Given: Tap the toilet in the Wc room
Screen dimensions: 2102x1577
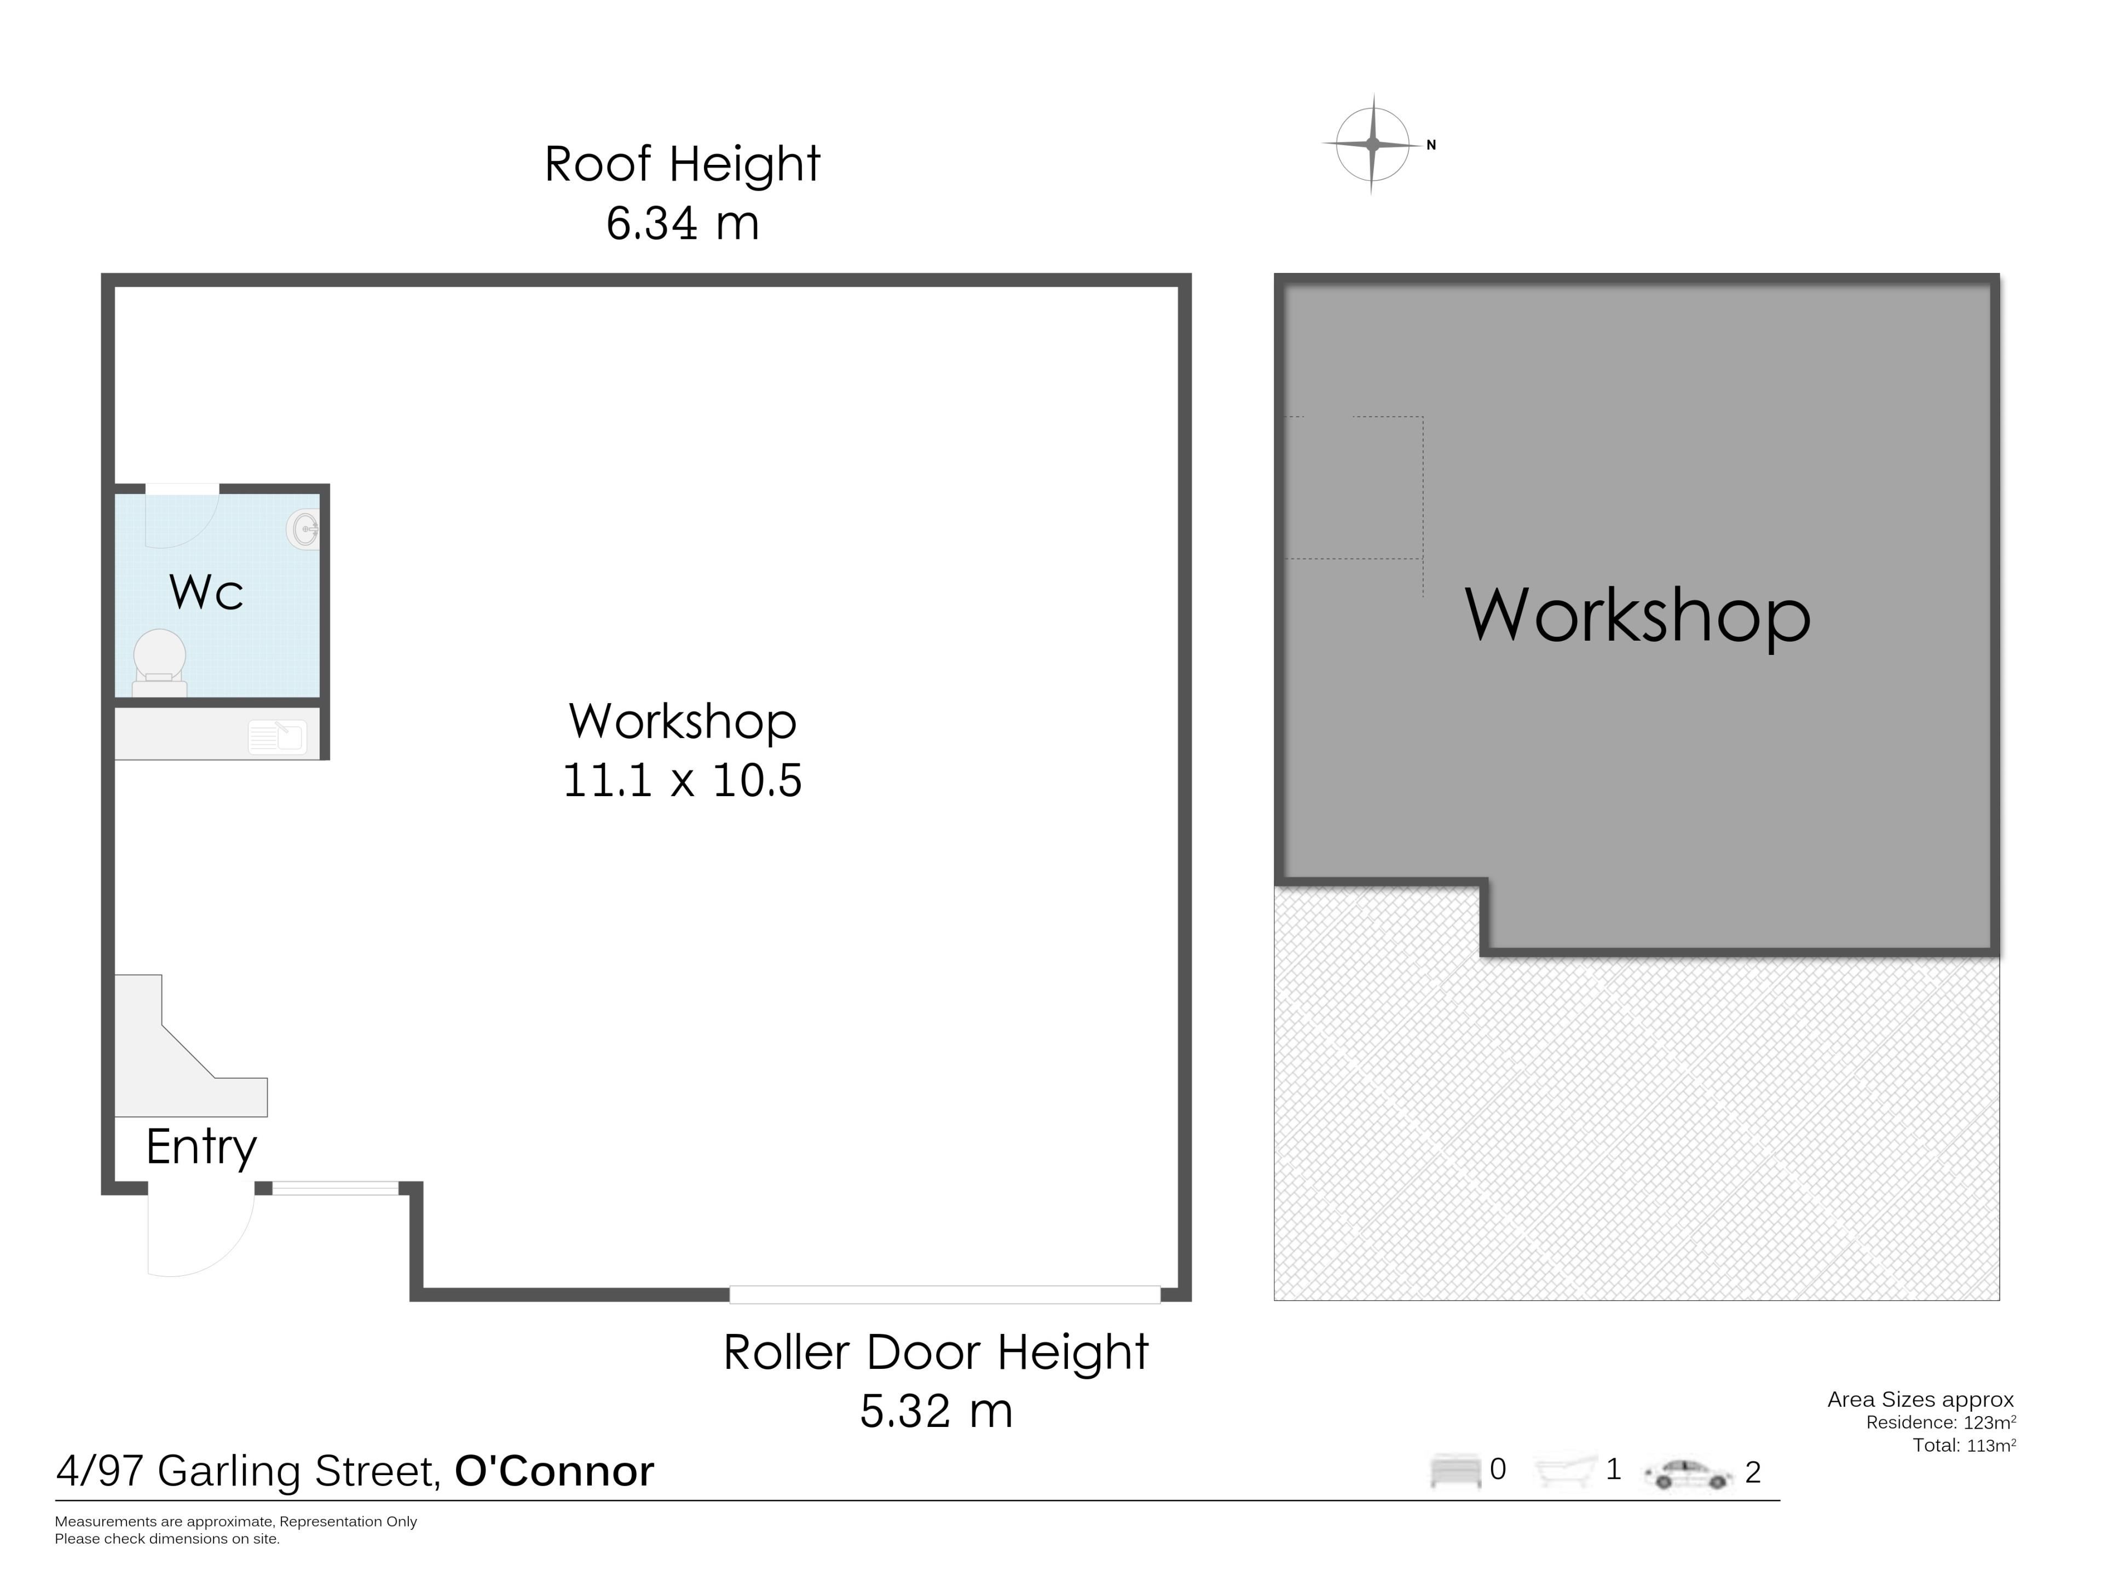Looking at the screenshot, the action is pyautogui.click(x=160, y=663).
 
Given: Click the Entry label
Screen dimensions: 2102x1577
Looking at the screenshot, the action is pyautogui.click(x=201, y=1147).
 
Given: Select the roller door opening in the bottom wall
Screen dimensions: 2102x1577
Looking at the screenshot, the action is pyautogui.click(x=945, y=1294).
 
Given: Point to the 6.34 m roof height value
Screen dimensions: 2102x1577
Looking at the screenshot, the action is pyautogui.click(x=682, y=223).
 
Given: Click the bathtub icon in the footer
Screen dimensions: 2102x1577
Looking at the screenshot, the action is pyautogui.click(x=1565, y=1471).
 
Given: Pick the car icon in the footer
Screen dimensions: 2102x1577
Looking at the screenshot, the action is pyautogui.click(x=1689, y=1474).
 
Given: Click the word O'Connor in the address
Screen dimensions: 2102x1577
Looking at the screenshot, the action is pyautogui.click(x=554, y=1471).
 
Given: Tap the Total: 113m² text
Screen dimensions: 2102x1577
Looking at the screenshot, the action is pyautogui.click(x=1964, y=1445).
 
